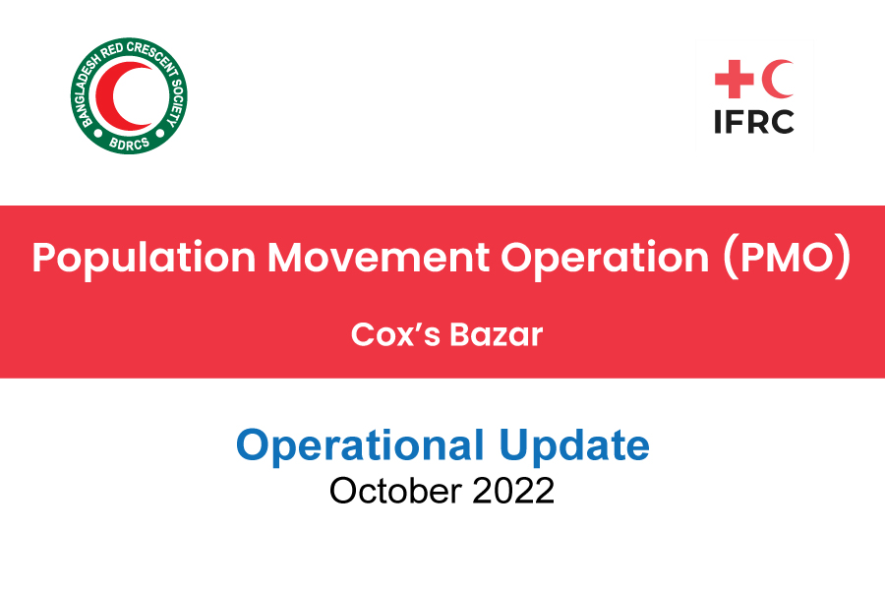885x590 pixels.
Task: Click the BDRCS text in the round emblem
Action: pos(130,145)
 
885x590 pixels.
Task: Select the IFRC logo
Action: pos(754,96)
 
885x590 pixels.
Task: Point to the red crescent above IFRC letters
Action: pos(780,79)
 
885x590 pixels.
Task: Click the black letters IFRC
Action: pos(754,121)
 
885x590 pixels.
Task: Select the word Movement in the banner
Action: pos(379,258)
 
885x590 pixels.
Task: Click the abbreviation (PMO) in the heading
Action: pos(787,258)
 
